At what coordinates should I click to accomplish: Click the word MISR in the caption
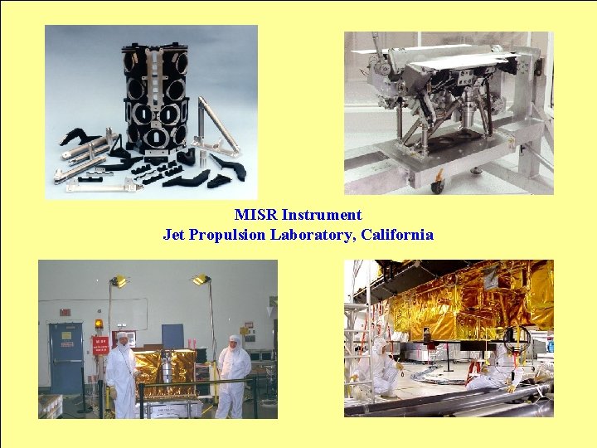coord(253,215)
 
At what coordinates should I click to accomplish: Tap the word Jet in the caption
coord(174,235)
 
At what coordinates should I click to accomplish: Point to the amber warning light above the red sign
coord(99,324)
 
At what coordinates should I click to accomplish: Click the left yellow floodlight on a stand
coord(119,281)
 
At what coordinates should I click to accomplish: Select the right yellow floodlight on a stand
coord(201,280)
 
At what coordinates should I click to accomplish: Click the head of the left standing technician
coord(123,340)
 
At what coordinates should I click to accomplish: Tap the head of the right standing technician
coord(234,342)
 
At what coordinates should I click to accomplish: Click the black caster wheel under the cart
coord(436,186)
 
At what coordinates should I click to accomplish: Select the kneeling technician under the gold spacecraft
coord(498,369)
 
